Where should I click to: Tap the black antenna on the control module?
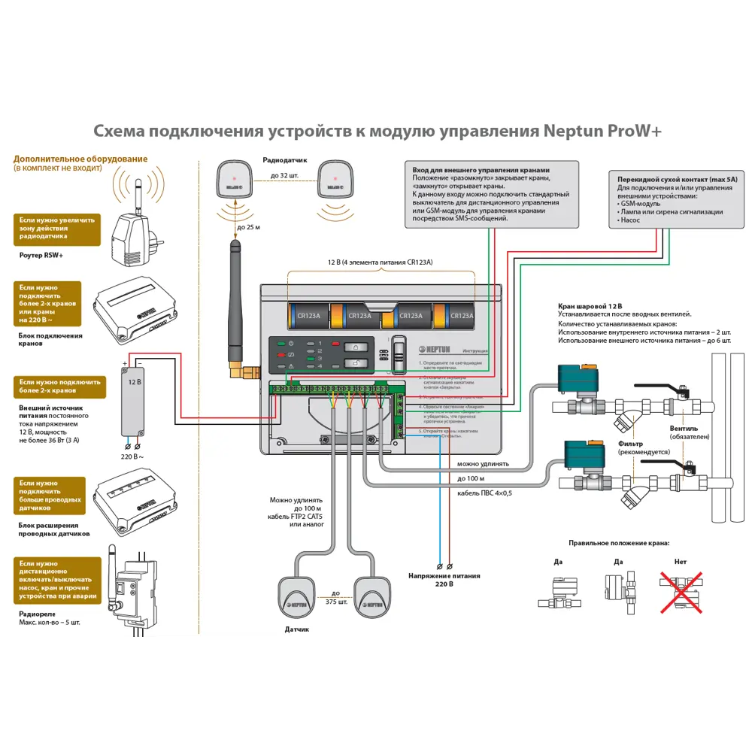tap(235, 301)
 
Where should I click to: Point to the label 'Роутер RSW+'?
tap(41, 255)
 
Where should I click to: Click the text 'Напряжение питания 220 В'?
tap(444, 580)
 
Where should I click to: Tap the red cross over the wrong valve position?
tap(681, 588)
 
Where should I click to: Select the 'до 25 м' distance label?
tap(249, 227)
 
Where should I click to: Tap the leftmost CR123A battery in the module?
tap(309, 316)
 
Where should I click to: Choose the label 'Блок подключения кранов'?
tap(50, 340)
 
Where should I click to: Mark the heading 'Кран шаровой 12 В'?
tap(590, 307)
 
